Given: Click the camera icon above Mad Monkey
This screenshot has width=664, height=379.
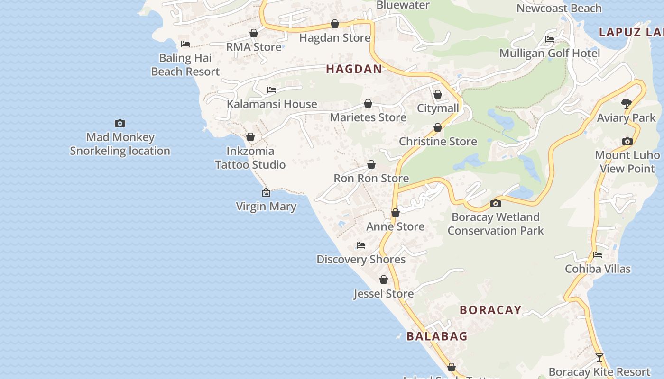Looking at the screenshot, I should [120, 123].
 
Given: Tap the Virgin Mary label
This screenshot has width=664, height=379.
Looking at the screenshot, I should [266, 207].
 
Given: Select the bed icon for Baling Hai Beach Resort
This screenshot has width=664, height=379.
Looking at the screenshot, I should [185, 44].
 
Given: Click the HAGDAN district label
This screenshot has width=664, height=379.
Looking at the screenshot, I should [354, 69].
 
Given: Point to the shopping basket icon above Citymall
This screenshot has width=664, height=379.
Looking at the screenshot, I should [438, 94].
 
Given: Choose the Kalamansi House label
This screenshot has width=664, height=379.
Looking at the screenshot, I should [272, 104].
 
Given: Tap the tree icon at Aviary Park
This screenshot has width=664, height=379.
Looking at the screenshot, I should [627, 103].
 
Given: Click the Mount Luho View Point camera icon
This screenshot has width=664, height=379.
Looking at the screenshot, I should [627, 141].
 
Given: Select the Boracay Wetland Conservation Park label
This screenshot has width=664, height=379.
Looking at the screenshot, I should [496, 224].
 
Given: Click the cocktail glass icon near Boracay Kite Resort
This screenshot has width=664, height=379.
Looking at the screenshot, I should [599, 357].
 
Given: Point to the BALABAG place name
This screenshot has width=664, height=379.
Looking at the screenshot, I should [437, 336].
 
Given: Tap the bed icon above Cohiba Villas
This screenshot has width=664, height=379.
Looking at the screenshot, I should [598, 255].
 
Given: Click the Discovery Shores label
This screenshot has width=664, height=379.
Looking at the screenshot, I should [361, 260].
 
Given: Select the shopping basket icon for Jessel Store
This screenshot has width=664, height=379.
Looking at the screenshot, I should [384, 280].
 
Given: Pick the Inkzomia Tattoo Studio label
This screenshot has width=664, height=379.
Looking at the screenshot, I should [250, 158].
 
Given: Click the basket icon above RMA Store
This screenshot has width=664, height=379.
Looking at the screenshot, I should [254, 33].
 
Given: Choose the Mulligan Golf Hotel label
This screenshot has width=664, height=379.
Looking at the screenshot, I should [550, 53].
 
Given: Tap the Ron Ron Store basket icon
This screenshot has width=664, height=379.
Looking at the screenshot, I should [371, 164].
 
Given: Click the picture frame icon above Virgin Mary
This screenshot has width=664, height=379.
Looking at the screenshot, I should [266, 192].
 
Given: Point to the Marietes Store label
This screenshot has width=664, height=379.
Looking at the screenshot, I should [368, 117].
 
